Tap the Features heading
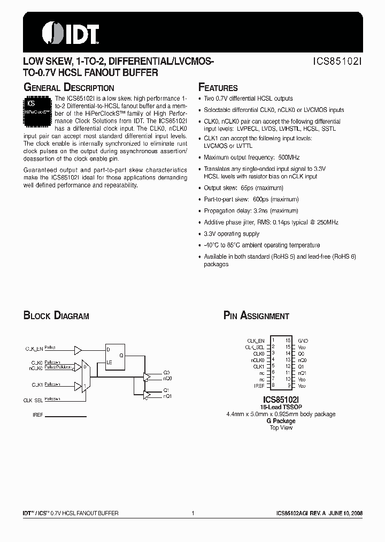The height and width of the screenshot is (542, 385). coord(218,88)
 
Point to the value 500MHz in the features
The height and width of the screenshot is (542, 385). coord(290,157)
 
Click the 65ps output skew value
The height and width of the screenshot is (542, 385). coord(247,188)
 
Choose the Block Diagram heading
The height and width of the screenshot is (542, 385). coord(56,316)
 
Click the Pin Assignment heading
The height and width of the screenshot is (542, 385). coord(256,316)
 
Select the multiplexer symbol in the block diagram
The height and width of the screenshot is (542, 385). coord(85,375)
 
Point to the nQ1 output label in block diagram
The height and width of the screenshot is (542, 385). coord(167,396)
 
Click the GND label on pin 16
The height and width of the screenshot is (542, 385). coord(303,341)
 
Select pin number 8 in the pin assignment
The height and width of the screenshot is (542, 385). coord(273,385)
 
